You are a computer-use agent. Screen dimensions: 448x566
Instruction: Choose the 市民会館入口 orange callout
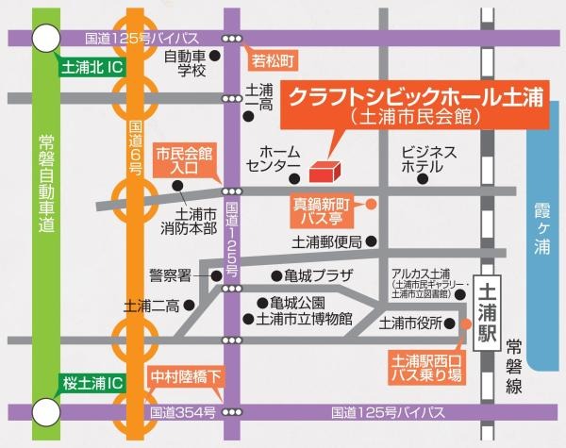pos(184,161)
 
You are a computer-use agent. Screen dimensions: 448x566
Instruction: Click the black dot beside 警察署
pos(216,275)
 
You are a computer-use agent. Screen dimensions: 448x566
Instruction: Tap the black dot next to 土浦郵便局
pos(373,241)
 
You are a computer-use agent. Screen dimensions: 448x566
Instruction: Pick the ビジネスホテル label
pos(428,158)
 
